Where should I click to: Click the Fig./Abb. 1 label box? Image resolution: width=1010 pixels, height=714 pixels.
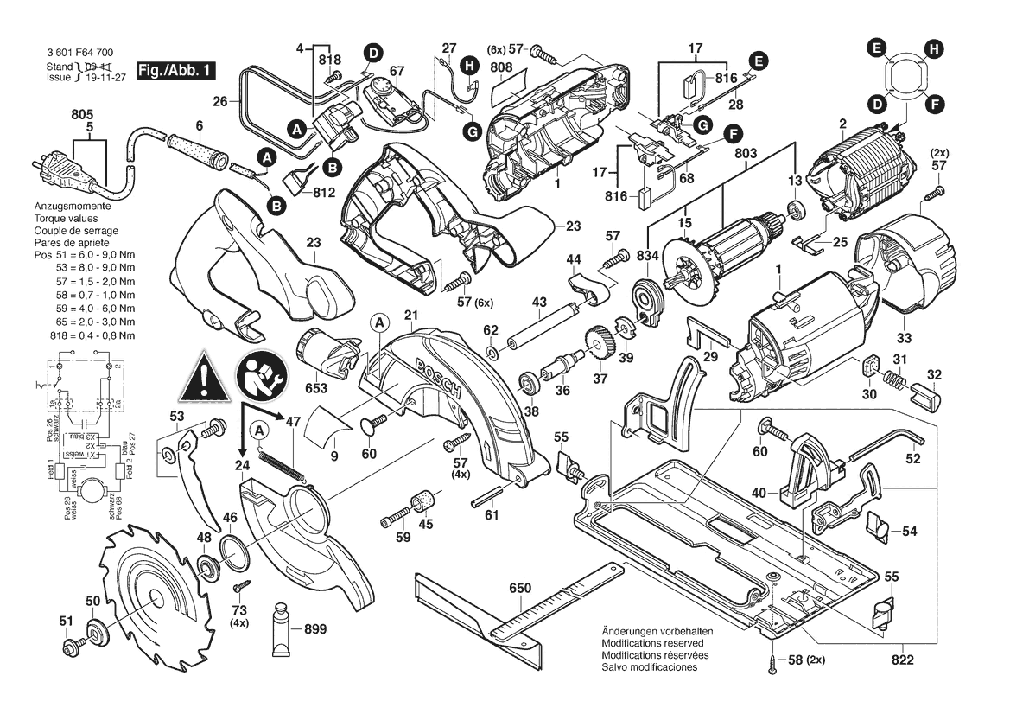(x=177, y=69)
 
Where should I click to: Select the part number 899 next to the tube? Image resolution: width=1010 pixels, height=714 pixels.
(x=316, y=630)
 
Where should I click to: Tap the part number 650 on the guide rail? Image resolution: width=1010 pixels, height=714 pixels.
(x=520, y=588)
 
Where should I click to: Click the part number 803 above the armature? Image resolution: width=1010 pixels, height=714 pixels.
(x=745, y=153)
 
